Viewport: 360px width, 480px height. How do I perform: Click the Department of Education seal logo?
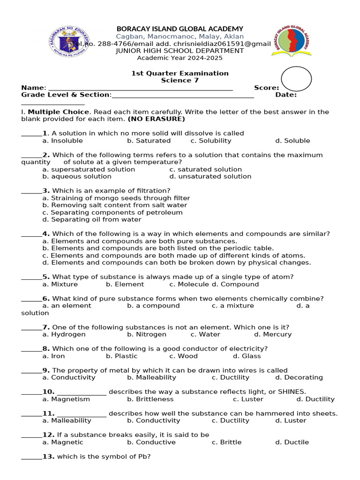pyautogui.click(x=69, y=41)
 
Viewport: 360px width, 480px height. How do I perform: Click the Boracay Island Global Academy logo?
pyautogui.click(x=292, y=41)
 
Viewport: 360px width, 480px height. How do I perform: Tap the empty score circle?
pyautogui.click(x=296, y=79)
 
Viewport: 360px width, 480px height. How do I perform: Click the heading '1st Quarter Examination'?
pyautogui.click(x=180, y=73)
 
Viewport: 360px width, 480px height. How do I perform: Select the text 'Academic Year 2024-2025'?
pyautogui.click(x=180, y=58)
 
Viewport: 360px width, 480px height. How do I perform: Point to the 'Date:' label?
pyautogui.click(x=286, y=95)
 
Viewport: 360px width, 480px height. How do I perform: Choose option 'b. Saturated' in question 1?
pyautogui.click(x=149, y=141)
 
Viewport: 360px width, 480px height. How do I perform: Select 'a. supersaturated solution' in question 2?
pyautogui.click(x=89, y=169)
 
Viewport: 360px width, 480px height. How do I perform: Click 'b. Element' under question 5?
pyautogui.click(x=125, y=284)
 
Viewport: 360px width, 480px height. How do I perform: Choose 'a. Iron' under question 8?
pyautogui.click(x=53, y=356)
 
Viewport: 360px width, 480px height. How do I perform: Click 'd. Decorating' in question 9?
pyautogui.click(x=299, y=377)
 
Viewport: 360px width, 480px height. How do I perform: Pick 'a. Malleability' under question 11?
pyautogui.click(x=67, y=420)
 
